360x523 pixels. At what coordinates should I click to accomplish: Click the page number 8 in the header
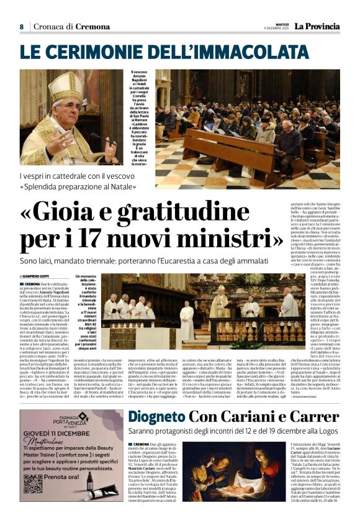(x=21, y=27)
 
